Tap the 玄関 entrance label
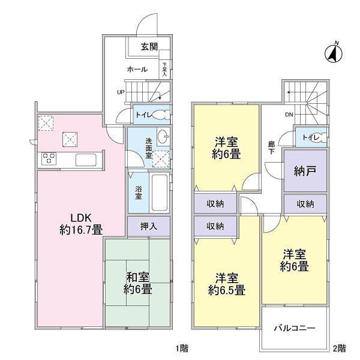[x=149, y=47]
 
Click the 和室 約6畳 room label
[x=137, y=283]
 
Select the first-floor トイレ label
[x=143, y=114]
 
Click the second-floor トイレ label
[x=310, y=137]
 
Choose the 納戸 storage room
[x=305, y=170]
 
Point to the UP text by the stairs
[x=121, y=92]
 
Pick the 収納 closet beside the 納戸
[x=305, y=204]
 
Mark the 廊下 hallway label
[x=271, y=148]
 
